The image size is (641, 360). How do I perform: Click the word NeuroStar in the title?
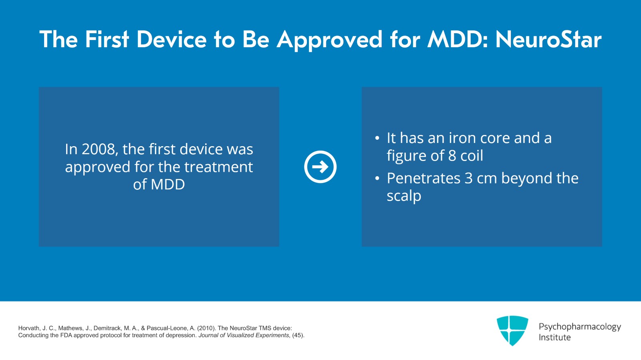click(x=548, y=40)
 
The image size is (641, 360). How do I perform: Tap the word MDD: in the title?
click(x=458, y=40)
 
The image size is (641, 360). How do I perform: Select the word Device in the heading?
click(x=171, y=40)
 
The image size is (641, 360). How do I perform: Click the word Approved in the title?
click(x=329, y=40)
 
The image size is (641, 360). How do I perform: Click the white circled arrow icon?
click(x=320, y=167)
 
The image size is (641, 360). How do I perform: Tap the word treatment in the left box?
click(x=219, y=167)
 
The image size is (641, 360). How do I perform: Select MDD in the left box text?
click(x=168, y=185)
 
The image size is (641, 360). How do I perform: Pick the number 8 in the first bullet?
click(x=452, y=156)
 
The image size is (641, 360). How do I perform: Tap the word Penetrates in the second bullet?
click(x=423, y=179)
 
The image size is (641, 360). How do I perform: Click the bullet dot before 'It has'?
click(x=377, y=139)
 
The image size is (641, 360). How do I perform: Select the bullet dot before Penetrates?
click(x=377, y=179)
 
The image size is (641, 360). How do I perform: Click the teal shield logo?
click(x=512, y=330)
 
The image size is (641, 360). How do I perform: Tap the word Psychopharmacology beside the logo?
click(x=580, y=327)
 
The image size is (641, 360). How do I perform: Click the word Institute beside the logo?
click(x=554, y=338)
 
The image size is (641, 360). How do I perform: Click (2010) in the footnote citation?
click(x=206, y=328)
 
